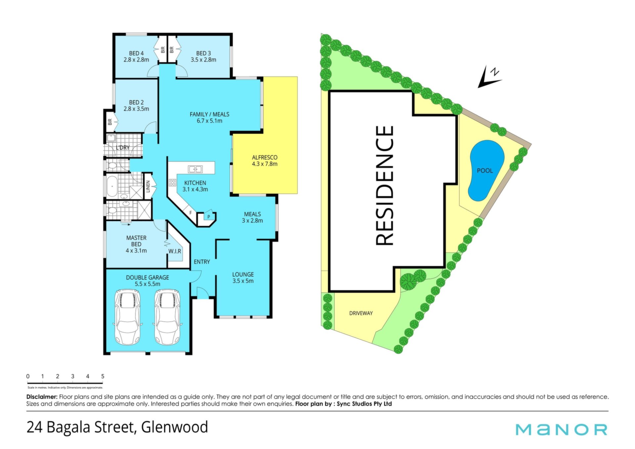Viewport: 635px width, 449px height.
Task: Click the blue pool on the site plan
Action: point(486,170)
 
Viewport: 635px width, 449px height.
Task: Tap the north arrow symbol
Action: point(489,77)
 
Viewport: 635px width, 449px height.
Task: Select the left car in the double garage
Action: point(127,317)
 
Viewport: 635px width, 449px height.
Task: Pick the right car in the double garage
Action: point(168,317)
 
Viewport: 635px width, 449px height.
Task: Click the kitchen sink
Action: point(195,169)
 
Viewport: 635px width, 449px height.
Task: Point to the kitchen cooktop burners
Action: point(172,182)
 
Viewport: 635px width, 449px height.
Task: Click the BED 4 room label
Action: point(136,53)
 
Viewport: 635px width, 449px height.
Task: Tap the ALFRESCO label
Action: point(265,157)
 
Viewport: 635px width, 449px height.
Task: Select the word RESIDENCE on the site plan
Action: point(385,186)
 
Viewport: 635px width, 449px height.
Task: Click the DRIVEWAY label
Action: point(361,313)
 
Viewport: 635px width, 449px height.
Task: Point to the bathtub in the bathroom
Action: point(112,186)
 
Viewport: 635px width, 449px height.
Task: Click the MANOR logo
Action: point(562,429)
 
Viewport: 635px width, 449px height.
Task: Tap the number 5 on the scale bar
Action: point(103,376)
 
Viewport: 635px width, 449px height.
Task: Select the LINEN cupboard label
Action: point(148,186)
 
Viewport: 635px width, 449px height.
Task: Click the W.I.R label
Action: point(175,251)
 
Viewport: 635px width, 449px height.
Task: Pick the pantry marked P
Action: point(208,217)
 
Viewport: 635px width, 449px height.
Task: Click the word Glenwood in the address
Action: point(175,427)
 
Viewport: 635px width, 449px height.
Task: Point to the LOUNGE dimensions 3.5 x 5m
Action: point(243,281)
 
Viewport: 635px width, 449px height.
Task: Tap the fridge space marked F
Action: point(190,213)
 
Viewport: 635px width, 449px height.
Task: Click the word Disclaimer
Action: point(42,397)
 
